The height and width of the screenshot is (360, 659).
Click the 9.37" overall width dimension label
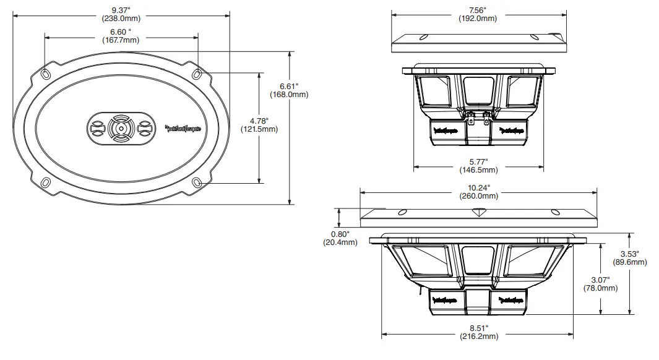point(121,14)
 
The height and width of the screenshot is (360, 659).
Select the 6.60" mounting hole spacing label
point(121,36)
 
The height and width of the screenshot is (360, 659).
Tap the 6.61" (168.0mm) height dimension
point(289,90)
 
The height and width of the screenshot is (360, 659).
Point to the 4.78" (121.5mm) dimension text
point(259,125)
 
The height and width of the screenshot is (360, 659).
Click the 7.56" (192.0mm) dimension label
point(478,14)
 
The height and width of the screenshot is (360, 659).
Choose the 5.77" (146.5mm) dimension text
point(478,165)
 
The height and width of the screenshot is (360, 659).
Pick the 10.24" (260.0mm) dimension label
point(479,192)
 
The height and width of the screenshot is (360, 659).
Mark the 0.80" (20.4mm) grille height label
point(340,238)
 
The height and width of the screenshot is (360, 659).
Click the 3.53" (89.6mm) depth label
point(630,258)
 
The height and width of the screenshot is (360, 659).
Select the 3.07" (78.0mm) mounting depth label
point(600,284)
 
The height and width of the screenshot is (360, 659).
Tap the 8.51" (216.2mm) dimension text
point(479,332)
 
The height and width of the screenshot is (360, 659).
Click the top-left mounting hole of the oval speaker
point(46,74)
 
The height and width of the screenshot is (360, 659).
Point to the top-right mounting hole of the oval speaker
point(197,74)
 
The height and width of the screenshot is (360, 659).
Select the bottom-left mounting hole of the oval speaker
point(46,182)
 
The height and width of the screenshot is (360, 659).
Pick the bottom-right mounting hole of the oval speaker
point(197,182)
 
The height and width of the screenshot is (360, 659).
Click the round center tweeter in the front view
point(121,129)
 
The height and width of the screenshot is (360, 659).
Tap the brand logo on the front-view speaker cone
point(184,129)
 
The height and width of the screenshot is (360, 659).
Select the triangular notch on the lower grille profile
point(478,212)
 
